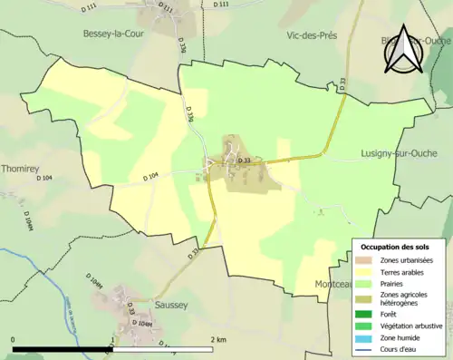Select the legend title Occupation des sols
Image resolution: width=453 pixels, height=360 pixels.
click(x=397, y=247)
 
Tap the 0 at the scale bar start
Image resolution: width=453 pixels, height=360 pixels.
click(x=13, y=340)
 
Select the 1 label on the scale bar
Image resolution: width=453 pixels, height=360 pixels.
click(x=113, y=340)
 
